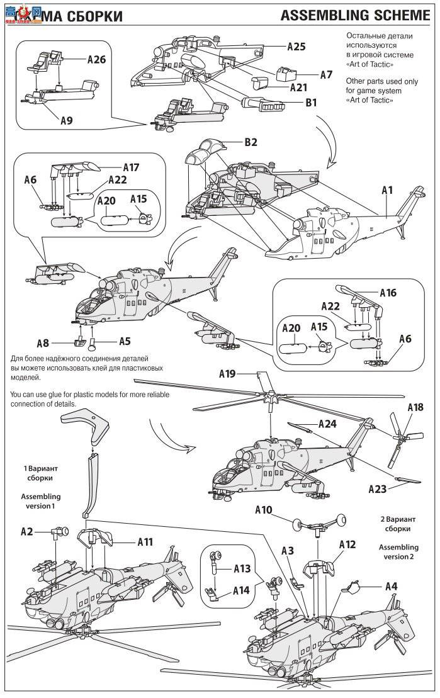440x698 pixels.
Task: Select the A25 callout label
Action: pyautogui.click(x=296, y=47)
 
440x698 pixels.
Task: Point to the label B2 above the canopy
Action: pyautogui.click(x=251, y=142)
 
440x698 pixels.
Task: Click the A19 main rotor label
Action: pyautogui.click(x=227, y=374)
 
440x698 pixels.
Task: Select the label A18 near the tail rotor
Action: pyautogui.click(x=415, y=407)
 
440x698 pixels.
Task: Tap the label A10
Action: pyautogui.click(x=264, y=509)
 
